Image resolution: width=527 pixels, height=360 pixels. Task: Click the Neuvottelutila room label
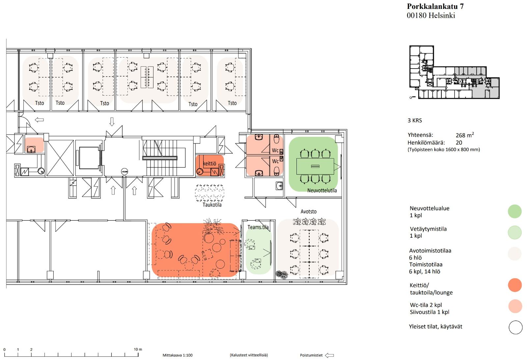(322, 191)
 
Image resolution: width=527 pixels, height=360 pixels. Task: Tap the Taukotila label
(212, 205)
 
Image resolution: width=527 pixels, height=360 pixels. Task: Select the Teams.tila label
(258, 227)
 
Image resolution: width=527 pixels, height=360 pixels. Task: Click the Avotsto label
(308, 211)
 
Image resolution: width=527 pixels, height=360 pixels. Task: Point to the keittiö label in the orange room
(209, 164)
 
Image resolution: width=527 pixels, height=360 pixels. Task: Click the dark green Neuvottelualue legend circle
(515, 211)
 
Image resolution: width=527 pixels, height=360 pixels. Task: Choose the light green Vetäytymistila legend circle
(515, 232)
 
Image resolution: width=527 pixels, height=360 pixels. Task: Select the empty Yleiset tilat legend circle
(515, 327)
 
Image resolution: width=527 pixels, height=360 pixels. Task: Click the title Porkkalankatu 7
(435, 6)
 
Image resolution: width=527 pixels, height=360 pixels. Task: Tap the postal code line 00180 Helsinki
(431, 15)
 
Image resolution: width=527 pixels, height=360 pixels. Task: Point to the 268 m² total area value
(465, 135)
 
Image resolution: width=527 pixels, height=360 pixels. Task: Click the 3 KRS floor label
(415, 121)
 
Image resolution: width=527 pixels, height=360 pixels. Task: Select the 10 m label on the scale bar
(138, 349)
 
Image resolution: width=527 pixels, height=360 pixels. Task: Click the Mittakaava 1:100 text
(178, 355)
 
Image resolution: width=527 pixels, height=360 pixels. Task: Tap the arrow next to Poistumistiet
(329, 355)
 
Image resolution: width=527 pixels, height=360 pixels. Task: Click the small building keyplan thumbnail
(454, 72)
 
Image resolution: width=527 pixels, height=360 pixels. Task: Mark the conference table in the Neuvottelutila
(315, 166)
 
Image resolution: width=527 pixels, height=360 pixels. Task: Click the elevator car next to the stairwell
(89, 158)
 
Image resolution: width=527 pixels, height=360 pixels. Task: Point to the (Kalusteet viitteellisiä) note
(249, 355)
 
